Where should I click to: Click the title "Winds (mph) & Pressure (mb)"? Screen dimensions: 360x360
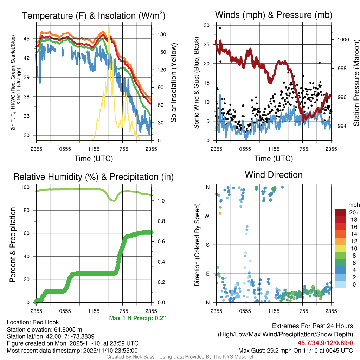[x=274, y=15]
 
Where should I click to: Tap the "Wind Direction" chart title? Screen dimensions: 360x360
[x=274, y=175]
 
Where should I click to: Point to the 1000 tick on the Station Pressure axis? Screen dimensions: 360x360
[x=343, y=40]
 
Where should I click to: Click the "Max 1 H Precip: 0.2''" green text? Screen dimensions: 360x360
[x=137, y=318]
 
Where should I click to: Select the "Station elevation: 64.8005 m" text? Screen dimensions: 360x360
[x=44, y=329]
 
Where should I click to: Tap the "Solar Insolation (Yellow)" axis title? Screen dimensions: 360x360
[x=173, y=83]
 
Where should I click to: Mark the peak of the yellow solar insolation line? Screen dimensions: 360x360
[x=109, y=26]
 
